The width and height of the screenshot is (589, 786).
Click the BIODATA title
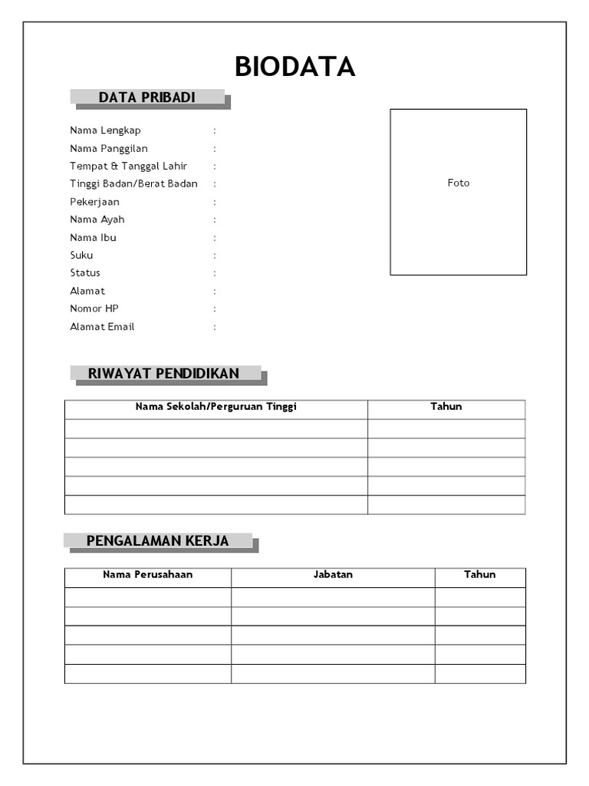point(294,68)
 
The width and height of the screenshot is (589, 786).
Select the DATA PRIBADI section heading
point(147,97)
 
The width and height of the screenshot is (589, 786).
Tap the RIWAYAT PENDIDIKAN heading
point(163,374)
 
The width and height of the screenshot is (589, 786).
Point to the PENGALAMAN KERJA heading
point(157,541)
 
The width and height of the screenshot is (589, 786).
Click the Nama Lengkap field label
point(105,130)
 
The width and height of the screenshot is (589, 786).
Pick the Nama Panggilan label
point(109,148)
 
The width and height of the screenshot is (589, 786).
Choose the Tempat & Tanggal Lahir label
point(128,166)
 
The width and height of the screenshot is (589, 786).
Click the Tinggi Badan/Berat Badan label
point(133,183)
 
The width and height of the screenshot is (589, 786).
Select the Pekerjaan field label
point(94,202)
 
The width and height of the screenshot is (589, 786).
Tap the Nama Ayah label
point(97,220)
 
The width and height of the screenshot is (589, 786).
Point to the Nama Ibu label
point(93,237)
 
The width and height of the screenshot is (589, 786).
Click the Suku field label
point(81,255)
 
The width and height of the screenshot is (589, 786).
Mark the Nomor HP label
point(89,309)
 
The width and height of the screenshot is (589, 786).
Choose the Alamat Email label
point(102,326)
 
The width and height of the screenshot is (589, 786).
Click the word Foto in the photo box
point(459,183)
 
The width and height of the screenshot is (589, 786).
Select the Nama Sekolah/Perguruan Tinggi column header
point(216,407)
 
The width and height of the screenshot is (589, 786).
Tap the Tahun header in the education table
point(446,407)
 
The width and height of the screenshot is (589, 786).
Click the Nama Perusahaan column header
point(148,574)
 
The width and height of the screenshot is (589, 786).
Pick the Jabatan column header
point(333,574)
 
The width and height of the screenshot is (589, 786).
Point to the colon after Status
point(215,273)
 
